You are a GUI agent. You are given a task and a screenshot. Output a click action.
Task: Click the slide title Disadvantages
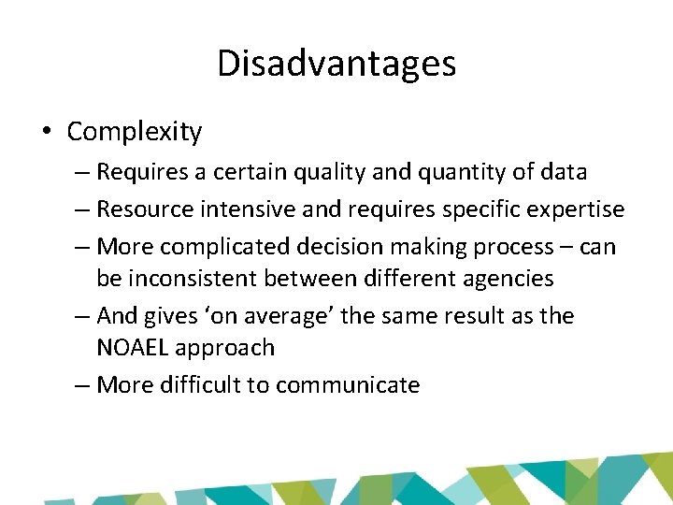tap(336, 64)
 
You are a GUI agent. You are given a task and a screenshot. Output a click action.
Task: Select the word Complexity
tap(134, 133)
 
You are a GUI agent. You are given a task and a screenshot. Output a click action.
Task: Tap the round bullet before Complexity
tap(46, 133)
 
